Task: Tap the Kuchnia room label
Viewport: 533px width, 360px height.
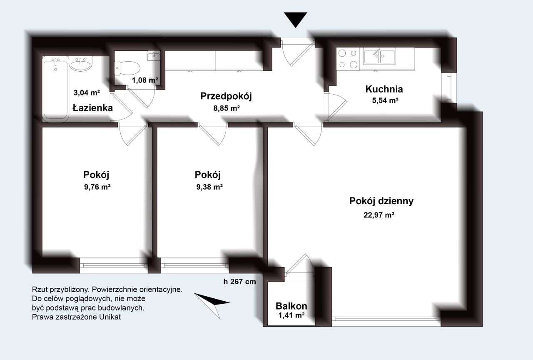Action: [384, 89]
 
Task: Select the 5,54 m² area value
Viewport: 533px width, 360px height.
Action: [385, 100]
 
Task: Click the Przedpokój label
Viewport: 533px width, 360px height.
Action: [226, 96]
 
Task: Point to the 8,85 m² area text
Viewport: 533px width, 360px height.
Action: [227, 108]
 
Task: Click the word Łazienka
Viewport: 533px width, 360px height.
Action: [92, 108]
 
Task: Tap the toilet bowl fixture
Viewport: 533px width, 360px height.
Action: [127, 68]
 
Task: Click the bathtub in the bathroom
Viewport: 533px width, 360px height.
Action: [56, 89]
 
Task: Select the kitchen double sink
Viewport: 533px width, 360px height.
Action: [379, 56]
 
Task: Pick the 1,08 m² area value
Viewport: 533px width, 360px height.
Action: [145, 80]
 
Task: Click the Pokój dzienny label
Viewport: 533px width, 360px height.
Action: [381, 201]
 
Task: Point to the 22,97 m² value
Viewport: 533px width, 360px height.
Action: [379, 215]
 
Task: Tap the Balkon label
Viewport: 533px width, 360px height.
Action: [291, 306]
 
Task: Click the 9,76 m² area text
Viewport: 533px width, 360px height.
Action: [97, 187]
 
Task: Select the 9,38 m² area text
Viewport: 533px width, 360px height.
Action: [209, 187]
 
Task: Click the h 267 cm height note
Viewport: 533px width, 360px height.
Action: [239, 282]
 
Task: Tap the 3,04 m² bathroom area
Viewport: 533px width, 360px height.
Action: [87, 92]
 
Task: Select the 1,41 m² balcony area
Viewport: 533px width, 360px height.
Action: [291, 315]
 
